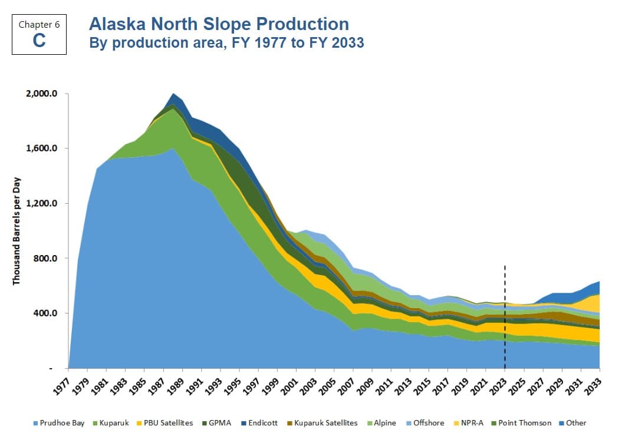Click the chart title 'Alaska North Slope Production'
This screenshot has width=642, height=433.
click(218, 24)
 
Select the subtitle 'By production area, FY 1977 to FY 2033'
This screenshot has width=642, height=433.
click(226, 43)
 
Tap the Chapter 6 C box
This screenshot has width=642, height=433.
click(39, 34)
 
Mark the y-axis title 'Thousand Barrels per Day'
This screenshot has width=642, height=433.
click(17, 231)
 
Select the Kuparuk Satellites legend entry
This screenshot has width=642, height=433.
click(322, 422)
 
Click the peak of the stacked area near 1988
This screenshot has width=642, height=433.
click(173, 94)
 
